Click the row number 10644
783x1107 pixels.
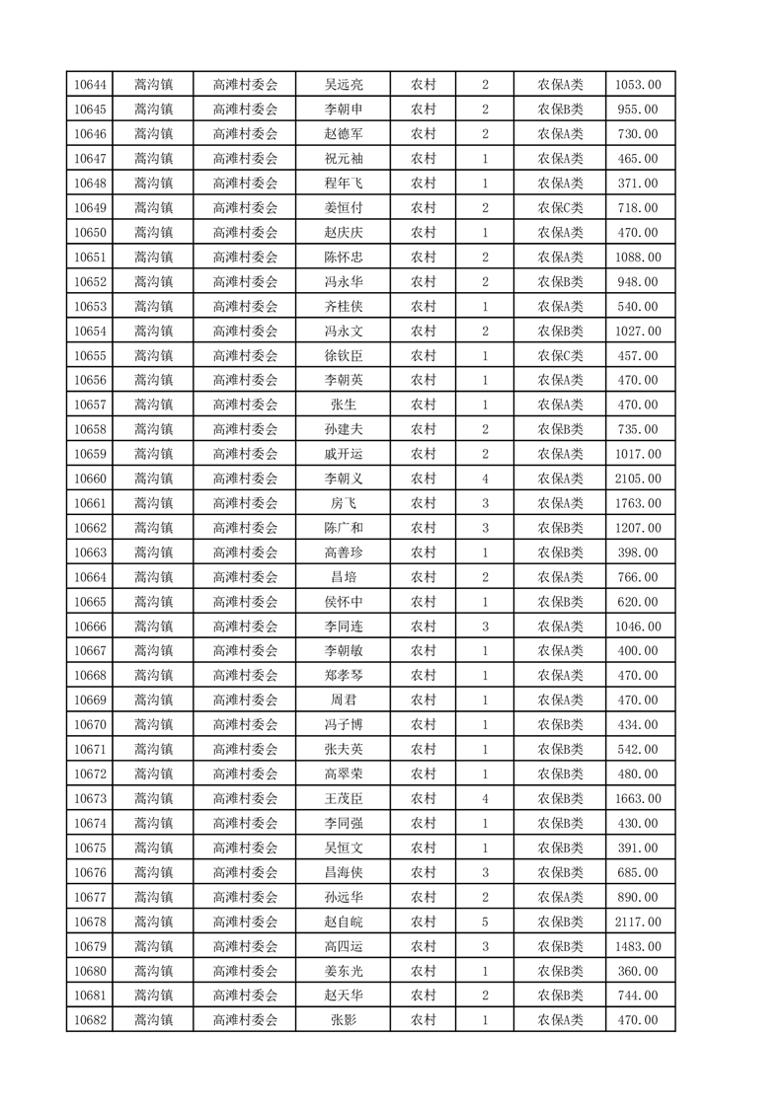point(90,85)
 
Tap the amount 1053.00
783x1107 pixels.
point(639,85)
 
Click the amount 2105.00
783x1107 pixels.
point(639,479)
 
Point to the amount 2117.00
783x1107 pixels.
point(639,922)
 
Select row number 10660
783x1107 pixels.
point(90,479)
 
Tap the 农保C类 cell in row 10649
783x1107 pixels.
point(560,208)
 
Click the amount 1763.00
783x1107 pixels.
point(639,503)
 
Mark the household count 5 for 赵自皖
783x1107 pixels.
point(485,922)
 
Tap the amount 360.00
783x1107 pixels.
point(639,971)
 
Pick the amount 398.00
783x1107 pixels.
point(639,553)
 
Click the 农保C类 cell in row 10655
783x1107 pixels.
point(560,355)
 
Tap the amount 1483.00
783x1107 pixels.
point(639,946)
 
